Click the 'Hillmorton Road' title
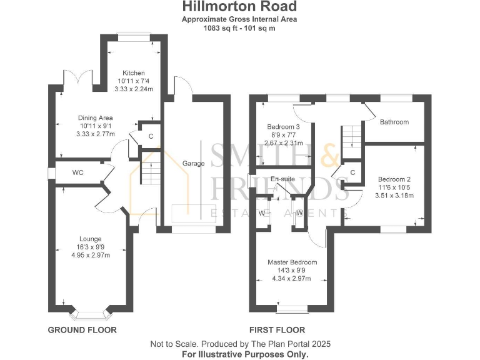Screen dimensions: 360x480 click(239, 7)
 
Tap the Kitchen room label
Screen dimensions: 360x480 click(133, 72)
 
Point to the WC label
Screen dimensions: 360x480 click(77, 172)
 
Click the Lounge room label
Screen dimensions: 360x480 click(90, 239)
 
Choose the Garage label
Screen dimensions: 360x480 click(193, 163)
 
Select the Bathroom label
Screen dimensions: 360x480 click(394, 122)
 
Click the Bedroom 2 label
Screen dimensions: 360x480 click(394, 179)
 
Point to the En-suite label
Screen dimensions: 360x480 click(282, 179)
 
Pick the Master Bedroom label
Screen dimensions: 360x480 click(292, 262)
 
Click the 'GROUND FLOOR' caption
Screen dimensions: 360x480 click(82, 330)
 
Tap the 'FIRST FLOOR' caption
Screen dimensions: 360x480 click(277, 330)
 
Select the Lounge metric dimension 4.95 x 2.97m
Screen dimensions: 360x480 click(90, 255)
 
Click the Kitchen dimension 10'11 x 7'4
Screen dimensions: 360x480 click(133, 81)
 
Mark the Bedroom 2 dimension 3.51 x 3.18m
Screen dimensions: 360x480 click(394, 195)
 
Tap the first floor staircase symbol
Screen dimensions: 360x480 click(352, 136)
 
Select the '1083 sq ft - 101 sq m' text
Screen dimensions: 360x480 click(239, 28)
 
